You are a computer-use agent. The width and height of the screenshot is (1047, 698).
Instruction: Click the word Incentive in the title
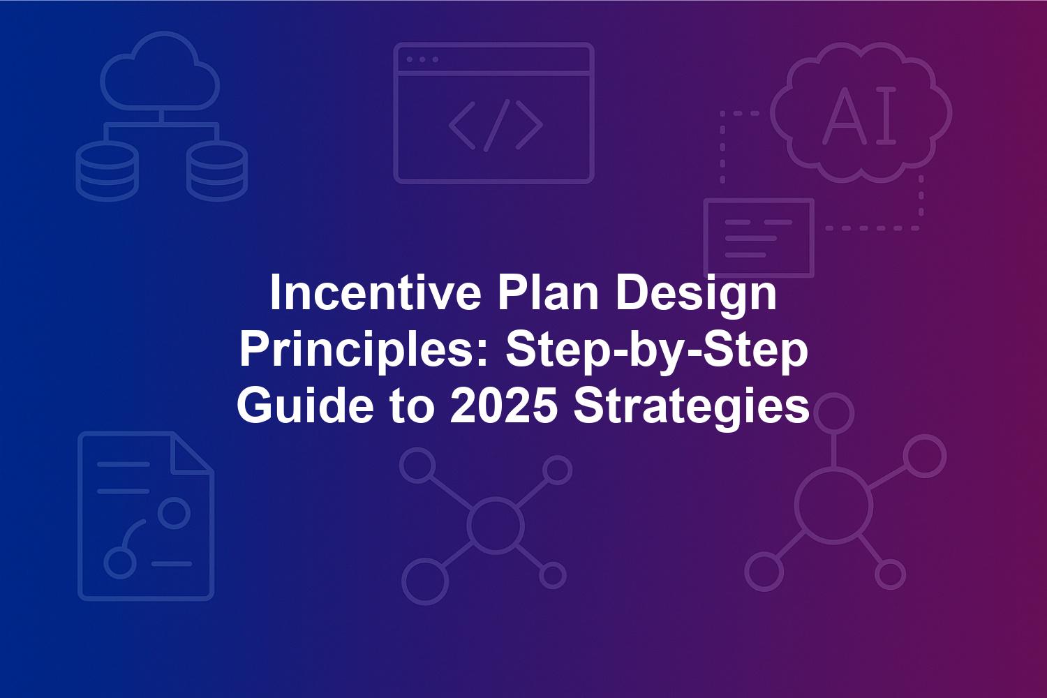376,292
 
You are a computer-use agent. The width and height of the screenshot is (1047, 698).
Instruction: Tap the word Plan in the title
548,292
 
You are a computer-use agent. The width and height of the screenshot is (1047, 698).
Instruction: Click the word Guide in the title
305,405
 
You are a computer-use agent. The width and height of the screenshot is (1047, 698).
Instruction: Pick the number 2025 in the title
504,405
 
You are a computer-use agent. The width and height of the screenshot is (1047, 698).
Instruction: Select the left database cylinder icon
107,171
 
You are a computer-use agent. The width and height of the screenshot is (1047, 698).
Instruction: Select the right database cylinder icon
217,171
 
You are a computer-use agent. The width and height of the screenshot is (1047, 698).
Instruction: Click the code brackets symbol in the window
496,126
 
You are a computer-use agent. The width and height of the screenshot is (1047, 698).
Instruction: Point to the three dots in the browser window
422,59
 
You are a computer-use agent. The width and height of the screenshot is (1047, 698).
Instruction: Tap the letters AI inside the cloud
859,115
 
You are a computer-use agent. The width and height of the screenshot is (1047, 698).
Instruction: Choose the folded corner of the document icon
192,453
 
